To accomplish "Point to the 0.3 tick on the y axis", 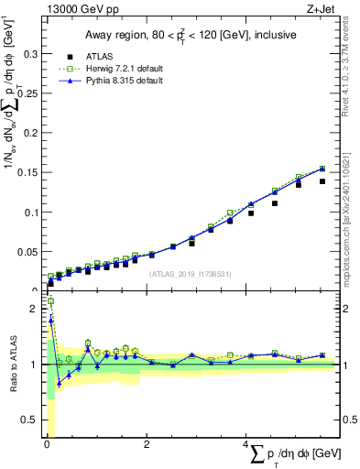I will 29,55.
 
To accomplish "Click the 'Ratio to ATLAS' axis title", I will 12,365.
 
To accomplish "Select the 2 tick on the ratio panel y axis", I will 35,309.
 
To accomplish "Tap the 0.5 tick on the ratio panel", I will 29,420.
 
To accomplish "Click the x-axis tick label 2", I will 147,446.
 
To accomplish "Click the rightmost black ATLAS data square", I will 322,181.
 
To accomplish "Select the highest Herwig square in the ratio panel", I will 50,300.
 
